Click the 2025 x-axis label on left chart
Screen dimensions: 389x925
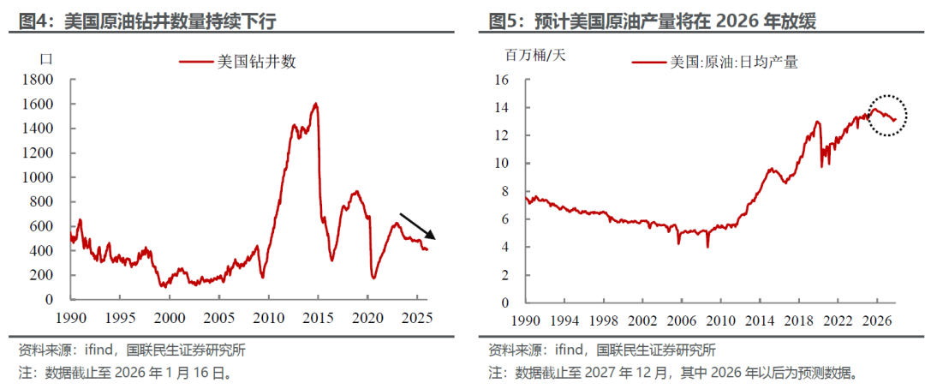point(417,316)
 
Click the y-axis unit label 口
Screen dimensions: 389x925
point(47,58)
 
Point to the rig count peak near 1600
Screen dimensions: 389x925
point(316,105)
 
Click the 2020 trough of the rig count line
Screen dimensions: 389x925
point(373,277)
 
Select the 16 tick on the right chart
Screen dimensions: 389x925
point(502,80)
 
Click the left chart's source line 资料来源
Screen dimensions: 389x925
point(125,350)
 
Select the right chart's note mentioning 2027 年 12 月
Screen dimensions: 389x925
point(673,374)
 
